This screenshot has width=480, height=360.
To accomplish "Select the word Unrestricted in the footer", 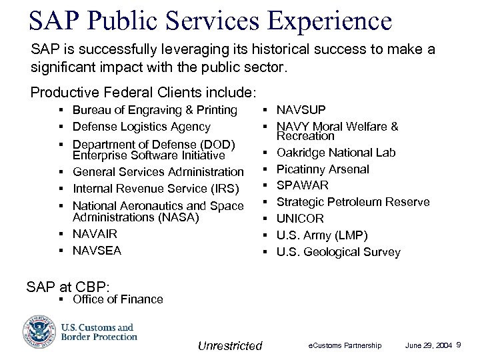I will tap(230, 345).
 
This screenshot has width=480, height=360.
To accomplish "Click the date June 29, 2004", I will tap(428, 345).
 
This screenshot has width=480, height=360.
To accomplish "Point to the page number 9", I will tap(468, 345).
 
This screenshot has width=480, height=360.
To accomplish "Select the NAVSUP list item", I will tap(301, 110).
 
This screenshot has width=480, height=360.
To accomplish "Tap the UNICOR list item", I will tap(300, 219).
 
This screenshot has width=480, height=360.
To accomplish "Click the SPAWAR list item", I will tap(303, 185).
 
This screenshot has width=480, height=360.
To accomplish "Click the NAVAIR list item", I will tap(95, 234).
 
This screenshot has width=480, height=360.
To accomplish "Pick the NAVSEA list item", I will tap(97, 251).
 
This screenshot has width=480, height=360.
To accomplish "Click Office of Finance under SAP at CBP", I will tap(117, 299).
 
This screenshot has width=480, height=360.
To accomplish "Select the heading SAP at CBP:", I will tap(67, 287).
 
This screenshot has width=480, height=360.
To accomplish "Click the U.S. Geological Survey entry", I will tap(339, 252).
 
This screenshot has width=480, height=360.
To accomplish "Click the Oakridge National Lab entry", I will tap(336, 153).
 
